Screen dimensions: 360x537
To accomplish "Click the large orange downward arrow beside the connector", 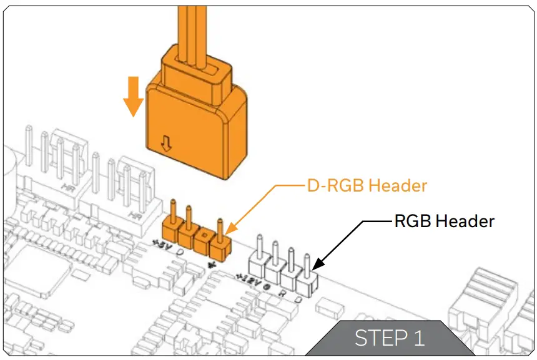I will (x=132, y=96).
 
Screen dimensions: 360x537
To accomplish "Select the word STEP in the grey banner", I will (x=378, y=338).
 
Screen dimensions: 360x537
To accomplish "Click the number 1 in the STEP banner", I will (x=418, y=338).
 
